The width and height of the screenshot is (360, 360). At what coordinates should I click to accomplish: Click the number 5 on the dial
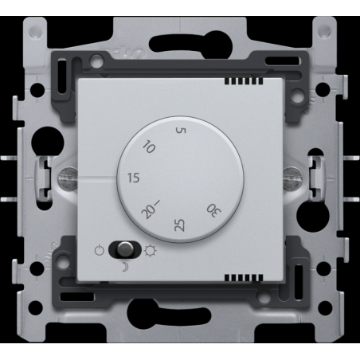pos(181,130)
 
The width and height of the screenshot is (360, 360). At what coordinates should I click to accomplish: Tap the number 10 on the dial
pos(149,147)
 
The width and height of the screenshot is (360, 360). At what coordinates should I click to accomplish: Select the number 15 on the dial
pos(133,178)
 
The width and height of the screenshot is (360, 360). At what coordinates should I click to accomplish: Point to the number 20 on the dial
pos(147,213)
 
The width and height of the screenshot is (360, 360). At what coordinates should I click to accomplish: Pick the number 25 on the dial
pos(179,225)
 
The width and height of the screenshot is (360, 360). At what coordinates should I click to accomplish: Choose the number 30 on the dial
pos(213,210)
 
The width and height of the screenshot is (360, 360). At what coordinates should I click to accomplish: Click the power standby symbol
pos(100,250)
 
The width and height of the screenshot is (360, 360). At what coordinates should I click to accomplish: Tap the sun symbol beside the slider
pos(150,251)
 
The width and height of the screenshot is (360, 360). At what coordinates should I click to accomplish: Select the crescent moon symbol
pos(125,267)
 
